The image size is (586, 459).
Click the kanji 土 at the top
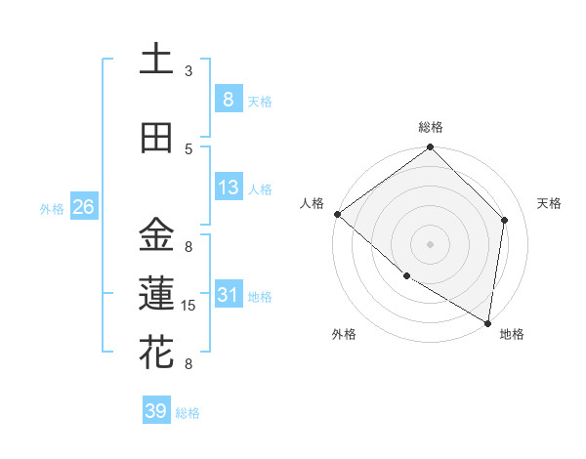click(156, 60)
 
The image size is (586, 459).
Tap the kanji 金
click(156, 235)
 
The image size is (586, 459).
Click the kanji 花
click(156, 353)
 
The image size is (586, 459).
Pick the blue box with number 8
click(228, 99)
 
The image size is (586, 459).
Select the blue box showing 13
click(228, 188)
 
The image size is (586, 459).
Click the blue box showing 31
click(228, 295)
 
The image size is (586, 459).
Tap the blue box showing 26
click(83, 207)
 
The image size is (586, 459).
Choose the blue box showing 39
click(155, 411)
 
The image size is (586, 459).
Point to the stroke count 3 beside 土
click(188, 71)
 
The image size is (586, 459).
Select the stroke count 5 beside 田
click(188, 149)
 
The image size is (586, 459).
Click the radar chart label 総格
click(431, 127)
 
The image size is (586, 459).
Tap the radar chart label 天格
click(550, 203)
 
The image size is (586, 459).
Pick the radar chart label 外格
click(344, 334)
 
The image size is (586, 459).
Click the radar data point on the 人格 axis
click(337, 214)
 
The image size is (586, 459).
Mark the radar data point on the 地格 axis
click(487, 322)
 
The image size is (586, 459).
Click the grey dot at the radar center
click(431, 243)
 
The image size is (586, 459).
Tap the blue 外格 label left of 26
click(51, 208)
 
